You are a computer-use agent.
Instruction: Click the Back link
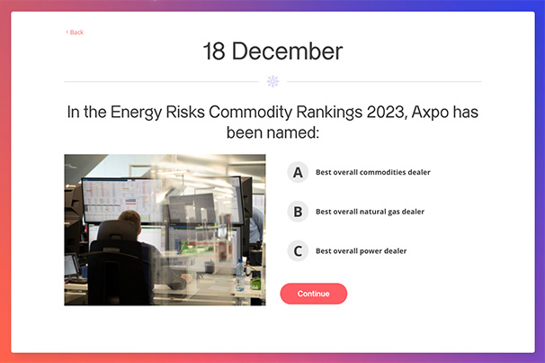75,32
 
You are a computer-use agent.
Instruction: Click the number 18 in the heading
214,51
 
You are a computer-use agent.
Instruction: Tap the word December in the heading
287,51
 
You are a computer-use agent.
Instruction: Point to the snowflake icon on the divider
272,81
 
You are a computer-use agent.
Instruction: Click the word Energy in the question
137,113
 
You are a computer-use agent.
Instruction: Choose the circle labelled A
298,172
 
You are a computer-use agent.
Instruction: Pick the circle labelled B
298,212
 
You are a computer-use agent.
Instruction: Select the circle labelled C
298,251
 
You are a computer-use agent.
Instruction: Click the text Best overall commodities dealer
373,172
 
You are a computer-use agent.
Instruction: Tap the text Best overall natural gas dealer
370,212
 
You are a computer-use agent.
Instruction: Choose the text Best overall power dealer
362,251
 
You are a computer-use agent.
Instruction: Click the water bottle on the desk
240,275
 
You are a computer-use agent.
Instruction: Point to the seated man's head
130,221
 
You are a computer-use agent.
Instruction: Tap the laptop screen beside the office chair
71,266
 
